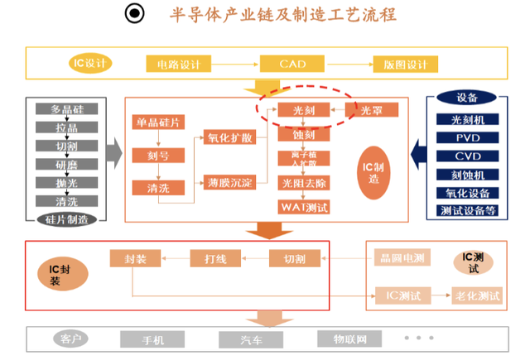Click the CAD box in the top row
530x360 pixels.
(x=292, y=63)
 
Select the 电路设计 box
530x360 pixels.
(x=180, y=63)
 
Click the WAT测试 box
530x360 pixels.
(x=303, y=206)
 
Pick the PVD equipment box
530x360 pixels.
(x=467, y=137)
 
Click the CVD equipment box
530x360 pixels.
(x=467, y=156)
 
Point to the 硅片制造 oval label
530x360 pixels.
(x=67, y=219)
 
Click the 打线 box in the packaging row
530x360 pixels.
(x=214, y=259)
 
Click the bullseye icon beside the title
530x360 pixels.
(x=134, y=14)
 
